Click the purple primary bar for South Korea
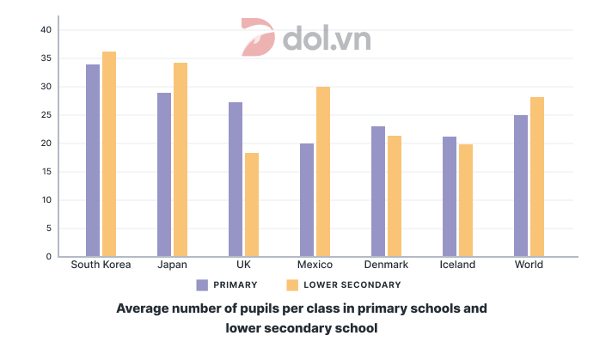click(x=93, y=161)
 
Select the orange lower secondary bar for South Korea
click(x=109, y=154)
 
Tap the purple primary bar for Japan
click(x=164, y=174)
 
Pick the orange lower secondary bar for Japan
click(x=181, y=160)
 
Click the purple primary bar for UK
click(x=236, y=180)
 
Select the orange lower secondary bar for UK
click(x=252, y=204)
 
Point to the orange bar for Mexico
click(x=323, y=172)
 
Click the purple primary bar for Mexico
click(x=307, y=200)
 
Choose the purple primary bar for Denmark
click(x=378, y=192)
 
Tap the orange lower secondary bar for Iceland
click(x=465, y=200)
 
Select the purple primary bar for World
click(x=521, y=186)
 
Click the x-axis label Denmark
click(x=386, y=265)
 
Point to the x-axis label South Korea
click(x=101, y=265)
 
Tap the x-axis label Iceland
click(x=457, y=265)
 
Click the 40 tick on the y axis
click(x=46, y=30)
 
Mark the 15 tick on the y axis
click(x=46, y=172)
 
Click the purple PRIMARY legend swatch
click(x=203, y=285)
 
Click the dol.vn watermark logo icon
click(x=257, y=38)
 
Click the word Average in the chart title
click(x=143, y=308)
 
